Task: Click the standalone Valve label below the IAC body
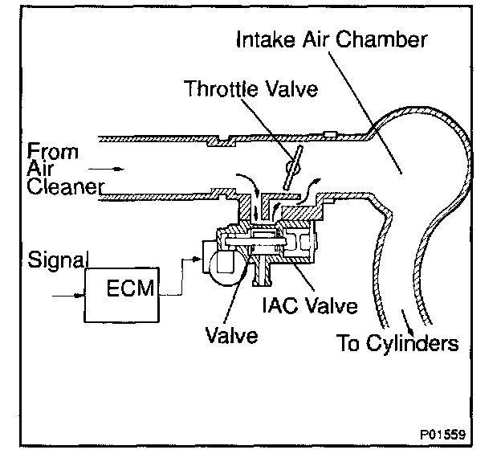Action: (230, 336)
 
